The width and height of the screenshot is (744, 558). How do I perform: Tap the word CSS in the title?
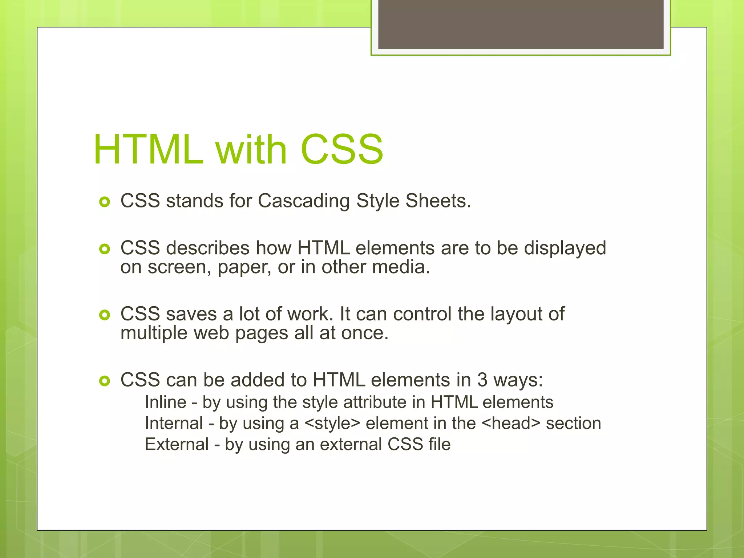(341, 150)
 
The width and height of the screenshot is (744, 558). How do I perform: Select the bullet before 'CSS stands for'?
(104, 202)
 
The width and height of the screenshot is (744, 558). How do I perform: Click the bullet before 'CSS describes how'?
(104, 249)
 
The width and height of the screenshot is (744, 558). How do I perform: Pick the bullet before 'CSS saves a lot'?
(104, 315)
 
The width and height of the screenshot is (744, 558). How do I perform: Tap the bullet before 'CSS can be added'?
(104, 381)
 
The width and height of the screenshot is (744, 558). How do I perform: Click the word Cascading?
(304, 201)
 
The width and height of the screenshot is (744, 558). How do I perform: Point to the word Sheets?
(438, 201)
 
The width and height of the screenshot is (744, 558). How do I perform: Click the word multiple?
(154, 333)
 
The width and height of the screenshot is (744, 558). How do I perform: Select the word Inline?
(166, 402)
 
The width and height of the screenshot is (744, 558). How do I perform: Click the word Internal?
(174, 423)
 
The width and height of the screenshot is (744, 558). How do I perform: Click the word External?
(177, 444)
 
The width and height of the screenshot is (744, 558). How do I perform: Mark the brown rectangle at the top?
(521, 24)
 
